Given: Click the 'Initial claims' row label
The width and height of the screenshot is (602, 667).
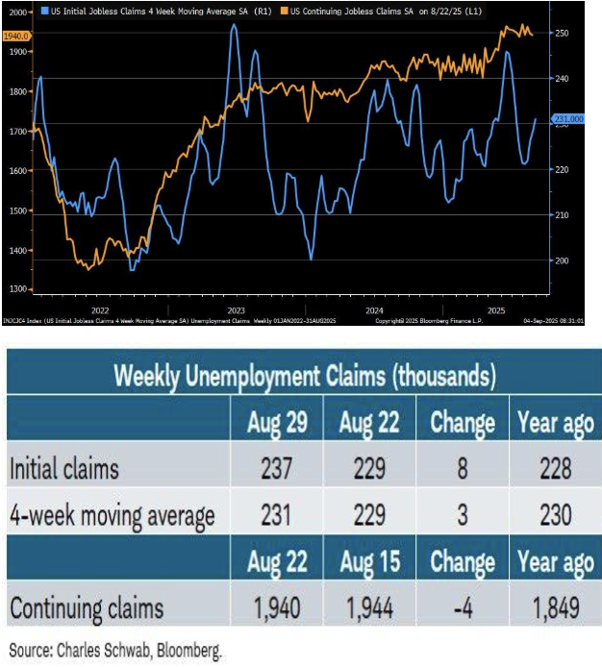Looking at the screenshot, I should [65, 469].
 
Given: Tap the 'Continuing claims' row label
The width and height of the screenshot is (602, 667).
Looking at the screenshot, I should [87, 607].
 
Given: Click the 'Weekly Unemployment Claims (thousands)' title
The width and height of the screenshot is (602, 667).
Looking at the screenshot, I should [305, 375].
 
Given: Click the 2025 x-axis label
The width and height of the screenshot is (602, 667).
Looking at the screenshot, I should [496, 310].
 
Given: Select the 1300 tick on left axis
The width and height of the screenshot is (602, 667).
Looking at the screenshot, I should [18, 288].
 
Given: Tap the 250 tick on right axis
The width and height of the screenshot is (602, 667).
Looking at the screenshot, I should [562, 33].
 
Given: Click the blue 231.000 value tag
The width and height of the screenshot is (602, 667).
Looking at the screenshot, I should [568, 119].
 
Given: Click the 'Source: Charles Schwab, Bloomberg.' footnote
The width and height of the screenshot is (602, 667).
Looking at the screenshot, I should [115, 651].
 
